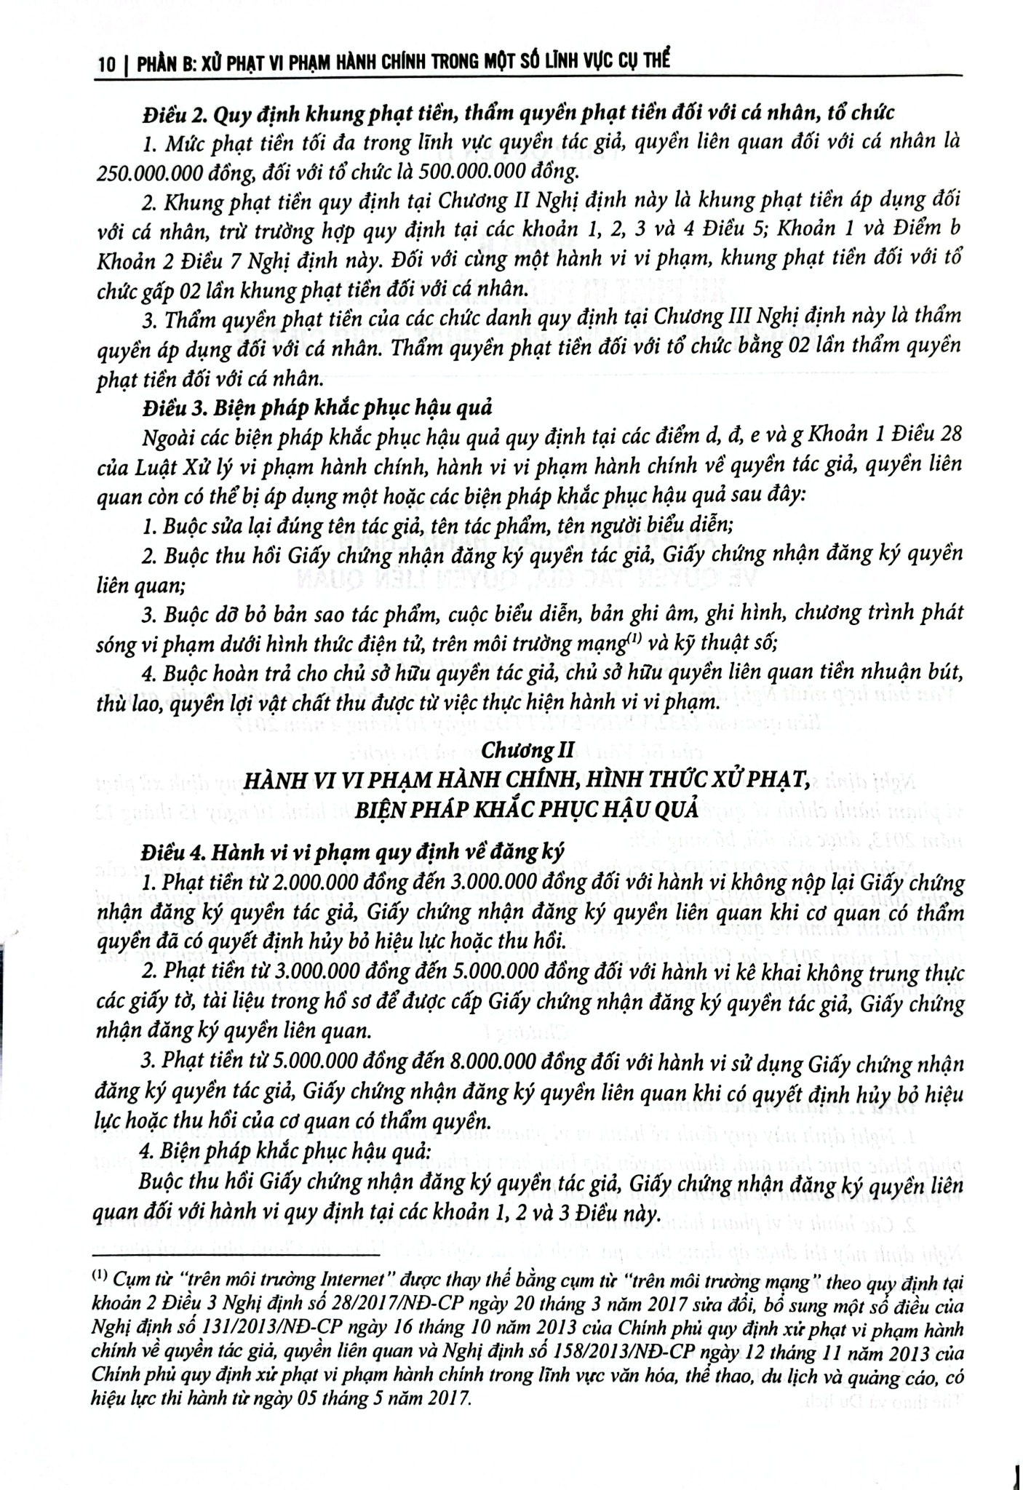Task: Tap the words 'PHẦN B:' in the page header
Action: click(x=170, y=65)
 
